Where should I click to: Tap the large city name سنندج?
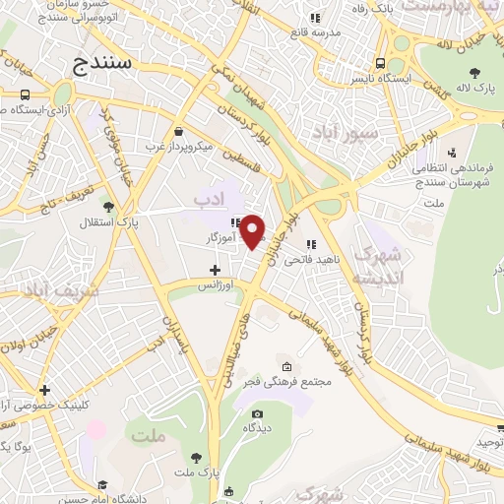[108, 64]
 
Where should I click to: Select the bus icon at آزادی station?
[23, 94]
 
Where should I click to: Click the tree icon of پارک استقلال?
[107, 207]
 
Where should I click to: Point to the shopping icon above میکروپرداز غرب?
[177, 132]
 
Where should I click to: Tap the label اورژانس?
[217, 285]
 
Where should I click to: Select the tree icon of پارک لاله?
[475, 71]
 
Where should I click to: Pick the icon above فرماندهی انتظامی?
[451, 153]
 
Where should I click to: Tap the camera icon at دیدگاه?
[257, 413]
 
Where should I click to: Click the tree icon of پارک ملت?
[196, 459]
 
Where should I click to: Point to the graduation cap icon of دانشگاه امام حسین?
[228, 491]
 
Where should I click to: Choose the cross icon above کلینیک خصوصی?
[44, 390]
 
